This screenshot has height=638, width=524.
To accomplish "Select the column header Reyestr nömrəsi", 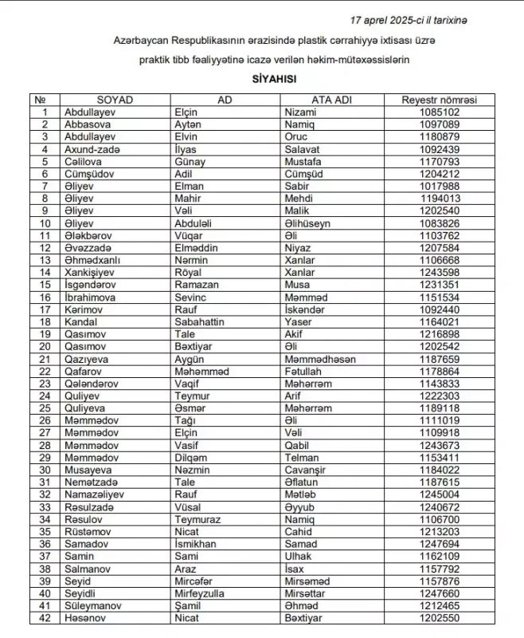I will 440,100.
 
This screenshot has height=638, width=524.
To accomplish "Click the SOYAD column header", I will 115,100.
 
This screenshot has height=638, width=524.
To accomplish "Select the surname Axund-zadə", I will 91,149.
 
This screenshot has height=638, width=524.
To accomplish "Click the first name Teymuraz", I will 197,519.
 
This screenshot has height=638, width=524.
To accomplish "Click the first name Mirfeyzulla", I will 201,593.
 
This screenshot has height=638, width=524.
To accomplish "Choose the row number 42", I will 45,618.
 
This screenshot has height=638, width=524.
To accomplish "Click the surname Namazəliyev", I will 96,494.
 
